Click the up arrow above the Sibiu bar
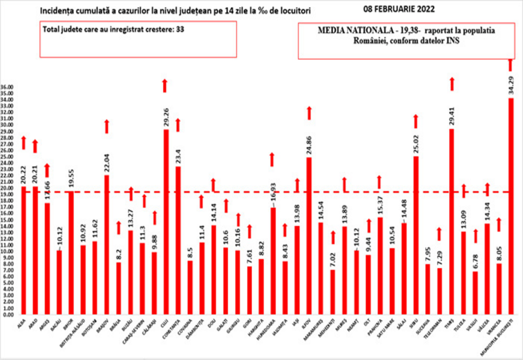point(416,121)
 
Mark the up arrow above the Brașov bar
point(107,126)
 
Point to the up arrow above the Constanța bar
point(178,125)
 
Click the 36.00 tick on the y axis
point(7,87)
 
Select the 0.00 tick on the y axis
point(7,315)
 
